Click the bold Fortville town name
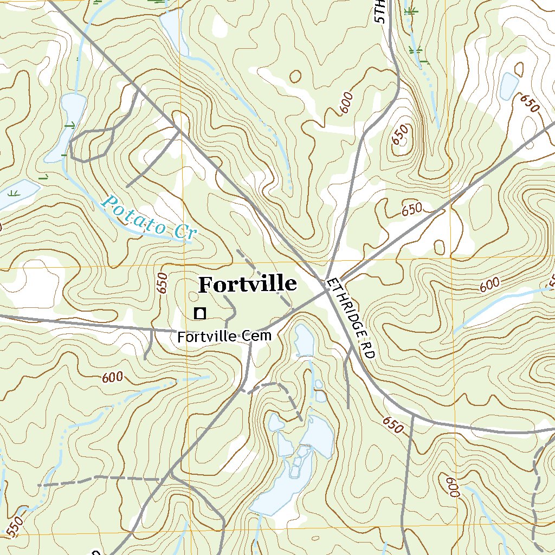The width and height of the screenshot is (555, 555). pos(248,284)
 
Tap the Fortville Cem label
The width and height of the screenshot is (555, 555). pos(224,337)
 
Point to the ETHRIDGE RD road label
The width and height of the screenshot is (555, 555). pos(351,319)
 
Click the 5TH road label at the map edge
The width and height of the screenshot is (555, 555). pos(382,11)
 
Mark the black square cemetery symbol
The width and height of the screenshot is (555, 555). pos(200,313)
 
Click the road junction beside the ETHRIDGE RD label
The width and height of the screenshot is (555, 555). pos(327,289)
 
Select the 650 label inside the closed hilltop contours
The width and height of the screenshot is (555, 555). pos(401,135)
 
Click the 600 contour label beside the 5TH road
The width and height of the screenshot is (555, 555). pos(347,103)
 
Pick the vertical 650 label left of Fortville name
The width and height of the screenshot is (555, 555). pos(162,283)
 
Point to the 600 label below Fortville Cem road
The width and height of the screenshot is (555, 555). pos(112,377)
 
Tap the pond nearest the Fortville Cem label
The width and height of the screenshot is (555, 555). pos(304,341)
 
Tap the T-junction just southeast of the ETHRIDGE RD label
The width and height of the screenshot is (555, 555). pos(413,417)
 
